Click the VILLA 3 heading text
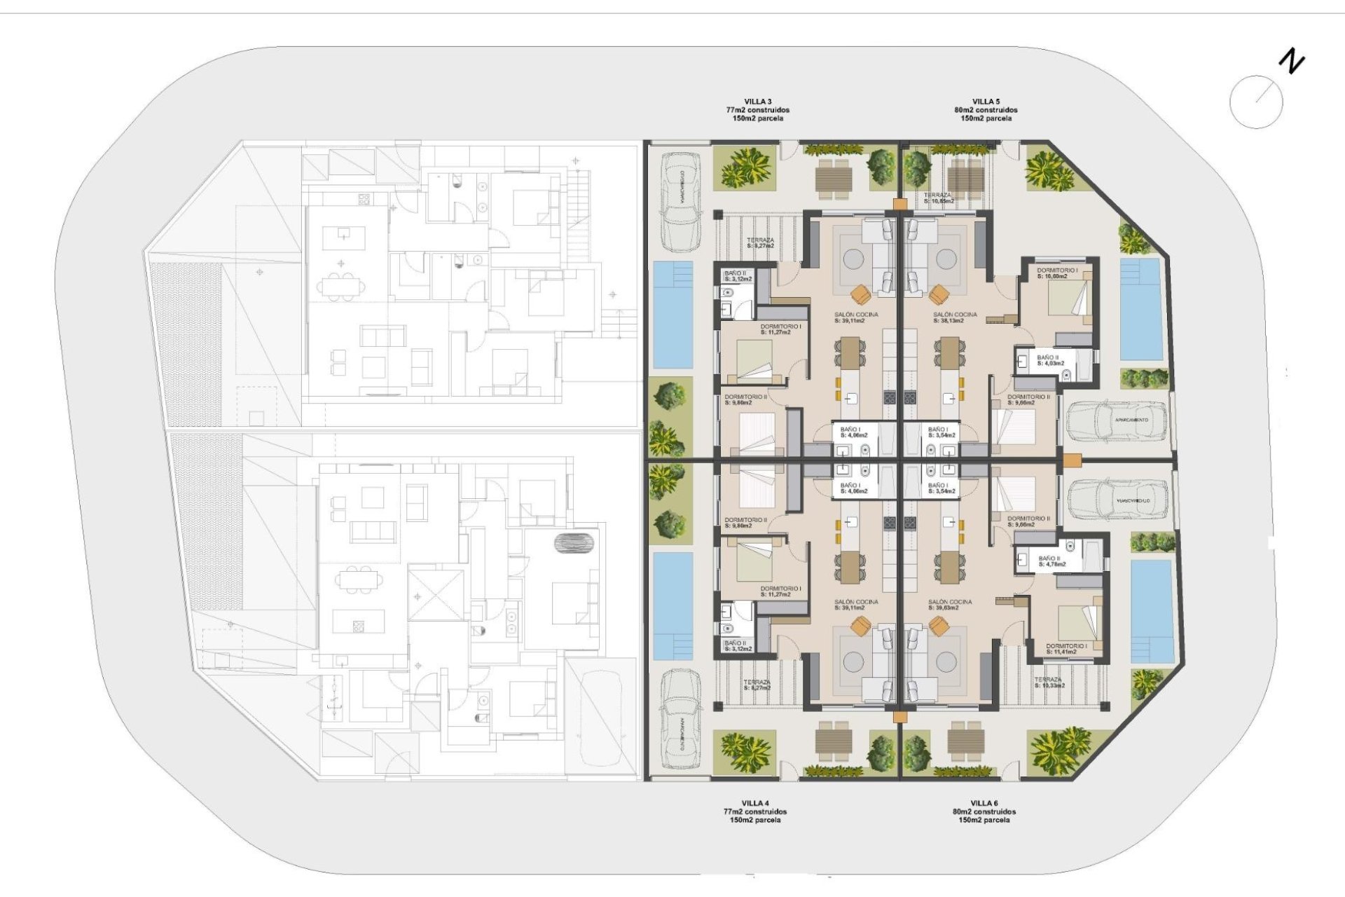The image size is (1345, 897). (757, 102)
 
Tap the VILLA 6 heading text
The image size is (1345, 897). (984, 803)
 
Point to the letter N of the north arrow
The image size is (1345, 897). (1292, 61)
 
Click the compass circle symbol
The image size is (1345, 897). (1256, 102)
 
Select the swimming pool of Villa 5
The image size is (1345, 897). (1140, 309)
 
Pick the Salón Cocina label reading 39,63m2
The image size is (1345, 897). (950, 605)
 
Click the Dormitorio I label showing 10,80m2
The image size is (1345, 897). (1056, 273)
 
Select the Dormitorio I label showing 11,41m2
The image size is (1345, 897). (1066, 649)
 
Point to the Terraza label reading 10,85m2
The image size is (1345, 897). (938, 198)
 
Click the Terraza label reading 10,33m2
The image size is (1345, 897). (1049, 683)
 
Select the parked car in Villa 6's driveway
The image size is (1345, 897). (1118, 500)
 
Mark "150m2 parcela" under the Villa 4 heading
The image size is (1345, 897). (754, 820)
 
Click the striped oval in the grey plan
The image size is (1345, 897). (574, 542)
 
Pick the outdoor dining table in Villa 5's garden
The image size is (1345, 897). (966, 175)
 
